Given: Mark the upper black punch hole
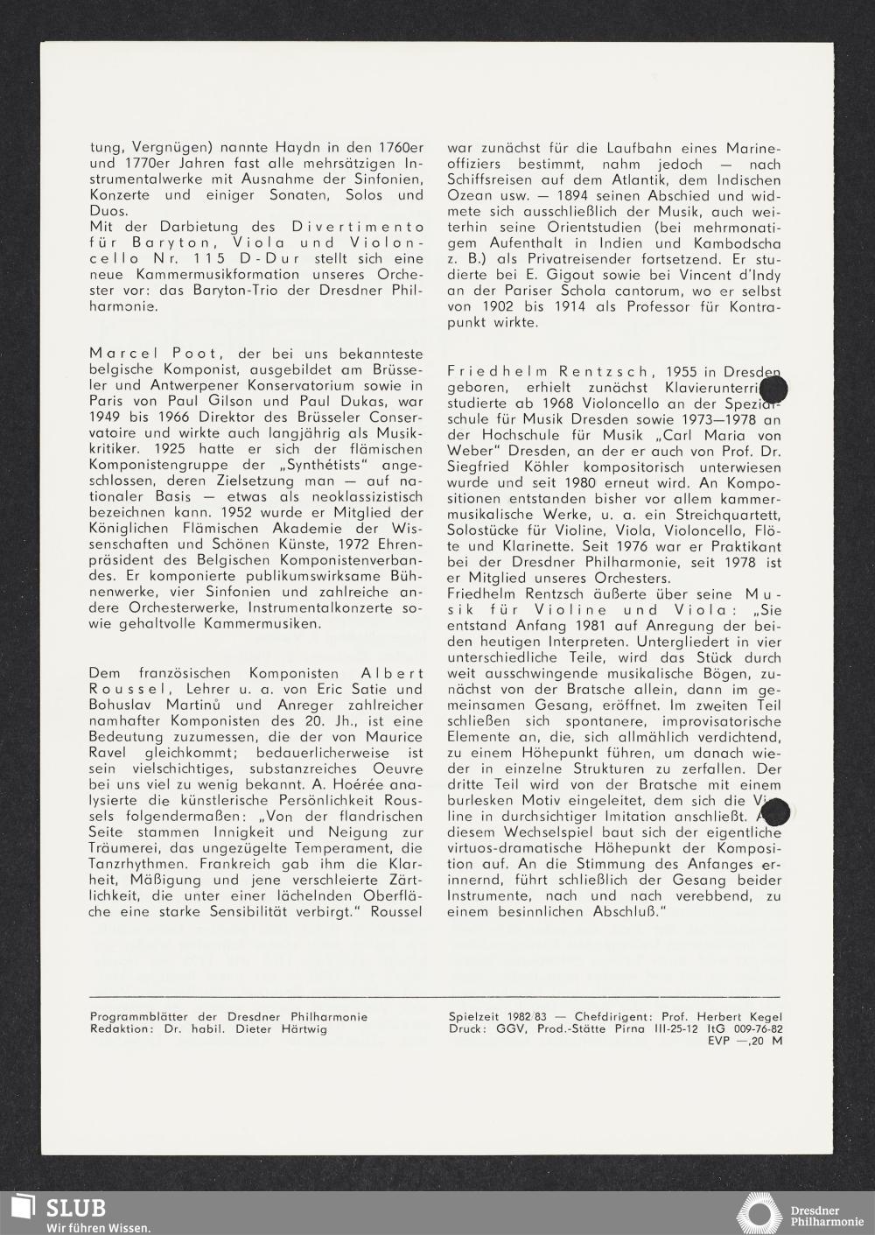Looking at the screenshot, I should [774, 389].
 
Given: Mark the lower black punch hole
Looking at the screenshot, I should [773, 812].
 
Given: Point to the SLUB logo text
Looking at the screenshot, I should [76, 1209].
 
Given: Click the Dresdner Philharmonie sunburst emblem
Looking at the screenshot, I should [759, 1212].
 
